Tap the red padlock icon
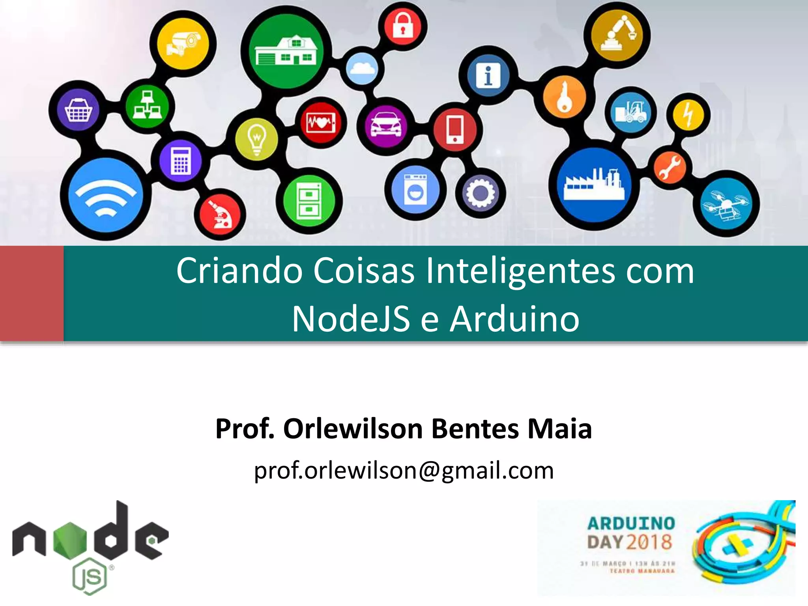click(x=402, y=26)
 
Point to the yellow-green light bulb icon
click(x=257, y=139)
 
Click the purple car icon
click(x=386, y=125)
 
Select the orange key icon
click(x=565, y=96)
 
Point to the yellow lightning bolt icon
click(x=688, y=114)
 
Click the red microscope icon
click(x=221, y=215)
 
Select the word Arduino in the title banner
click(x=514, y=319)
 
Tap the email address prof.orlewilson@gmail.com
click(x=404, y=470)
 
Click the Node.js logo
click(x=90, y=547)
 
